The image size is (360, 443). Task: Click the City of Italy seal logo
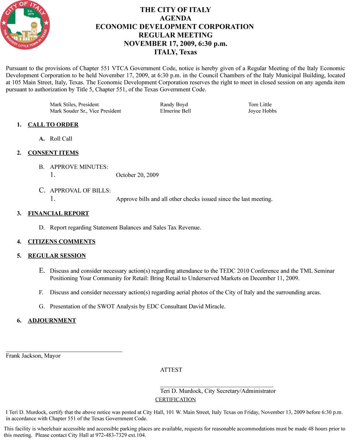point(25,25)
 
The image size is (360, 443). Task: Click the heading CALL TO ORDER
point(53,125)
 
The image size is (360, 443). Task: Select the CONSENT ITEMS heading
point(53,153)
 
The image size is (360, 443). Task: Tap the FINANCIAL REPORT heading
point(58,213)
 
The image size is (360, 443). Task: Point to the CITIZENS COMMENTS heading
point(62,242)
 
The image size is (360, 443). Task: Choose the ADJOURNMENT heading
point(52,320)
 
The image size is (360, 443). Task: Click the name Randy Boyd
point(174,104)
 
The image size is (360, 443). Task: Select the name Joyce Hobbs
point(262,111)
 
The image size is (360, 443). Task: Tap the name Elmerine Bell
point(175,111)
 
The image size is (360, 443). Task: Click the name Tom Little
point(260,104)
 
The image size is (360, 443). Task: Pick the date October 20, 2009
point(137,175)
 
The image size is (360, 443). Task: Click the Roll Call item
point(61,139)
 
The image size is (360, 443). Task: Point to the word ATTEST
point(171,370)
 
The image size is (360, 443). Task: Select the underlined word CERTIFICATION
point(175,400)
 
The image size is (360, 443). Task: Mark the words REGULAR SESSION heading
point(57,256)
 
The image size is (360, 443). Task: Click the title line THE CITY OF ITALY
point(175,10)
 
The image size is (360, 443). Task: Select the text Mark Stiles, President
point(74,104)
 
